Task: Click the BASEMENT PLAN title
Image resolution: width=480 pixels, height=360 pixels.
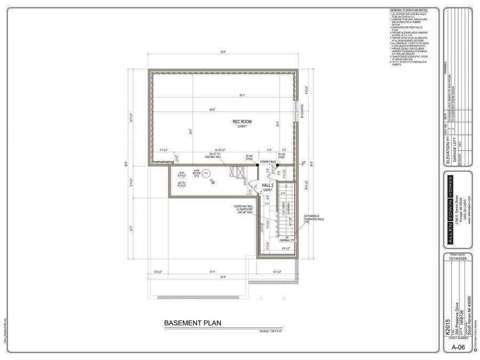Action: pyautogui.click(x=193, y=323)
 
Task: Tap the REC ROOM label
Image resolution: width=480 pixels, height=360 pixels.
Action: pyautogui.click(x=242, y=122)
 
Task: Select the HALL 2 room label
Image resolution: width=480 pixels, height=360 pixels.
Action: pyautogui.click(x=267, y=186)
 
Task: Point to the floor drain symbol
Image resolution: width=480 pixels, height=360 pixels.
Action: pyautogui.click(x=212, y=182)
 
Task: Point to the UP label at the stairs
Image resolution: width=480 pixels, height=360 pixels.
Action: pyautogui.click(x=287, y=238)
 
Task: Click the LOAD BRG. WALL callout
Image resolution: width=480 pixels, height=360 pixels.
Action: pyautogui.click(x=212, y=157)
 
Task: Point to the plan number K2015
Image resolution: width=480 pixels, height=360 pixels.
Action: pyautogui.click(x=447, y=326)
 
